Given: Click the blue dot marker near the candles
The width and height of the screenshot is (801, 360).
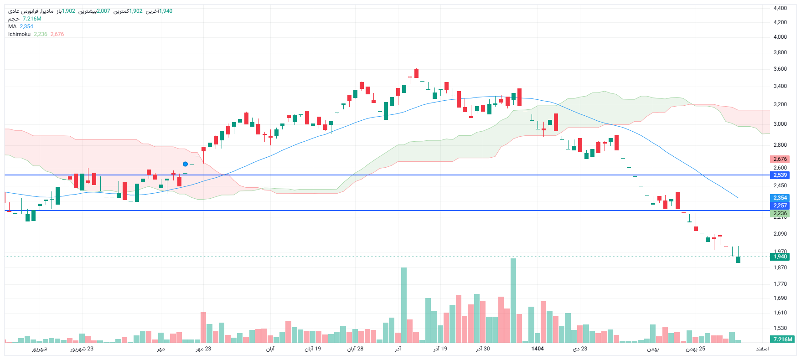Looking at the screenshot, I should pyautogui.click(x=185, y=164).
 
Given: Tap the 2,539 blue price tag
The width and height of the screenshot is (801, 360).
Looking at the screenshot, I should pyautogui.click(x=780, y=175).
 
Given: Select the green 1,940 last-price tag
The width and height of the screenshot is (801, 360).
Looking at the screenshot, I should pyautogui.click(x=780, y=257).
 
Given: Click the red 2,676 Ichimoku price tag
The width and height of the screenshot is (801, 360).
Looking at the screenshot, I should pyautogui.click(x=780, y=159).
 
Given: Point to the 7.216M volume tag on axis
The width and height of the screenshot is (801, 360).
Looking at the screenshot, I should pyautogui.click(x=782, y=339).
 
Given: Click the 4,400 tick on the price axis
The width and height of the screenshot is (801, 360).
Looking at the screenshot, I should pyautogui.click(x=780, y=8).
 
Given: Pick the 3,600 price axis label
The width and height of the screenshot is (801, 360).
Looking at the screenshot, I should pyautogui.click(x=780, y=69).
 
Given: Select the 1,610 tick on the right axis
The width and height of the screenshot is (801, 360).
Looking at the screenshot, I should pyautogui.click(x=780, y=313).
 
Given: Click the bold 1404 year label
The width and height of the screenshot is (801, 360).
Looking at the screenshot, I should pyautogui.click(x=537, y=349).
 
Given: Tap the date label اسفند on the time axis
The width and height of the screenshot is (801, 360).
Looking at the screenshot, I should pyautogui.click(x=762, y=349).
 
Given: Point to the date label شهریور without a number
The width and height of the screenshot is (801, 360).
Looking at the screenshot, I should pyautogui.click(x=40, y=349).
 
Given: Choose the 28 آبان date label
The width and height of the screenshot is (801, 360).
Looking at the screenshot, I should pyautogui.click(x=356, y=349).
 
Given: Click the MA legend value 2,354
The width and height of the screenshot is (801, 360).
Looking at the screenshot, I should pyautogui.click(x=26, y=26).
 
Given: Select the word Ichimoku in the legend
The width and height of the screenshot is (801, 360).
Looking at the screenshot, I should pyautogui.click(x=19, y=34).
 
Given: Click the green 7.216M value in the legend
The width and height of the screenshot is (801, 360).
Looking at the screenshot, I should pyautogui.click(x=32, y=19).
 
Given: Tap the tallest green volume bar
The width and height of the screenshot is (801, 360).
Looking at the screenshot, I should pyautogui.click(x=513, y=301).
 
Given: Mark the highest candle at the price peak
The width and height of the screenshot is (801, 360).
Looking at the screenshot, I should pyautogui.click(x=416, y=73).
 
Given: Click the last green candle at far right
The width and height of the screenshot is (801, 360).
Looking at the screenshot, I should pyautogui.click(x=738, y=260).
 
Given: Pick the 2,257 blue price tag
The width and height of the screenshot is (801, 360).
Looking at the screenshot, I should pyautogui.click(x=780, y=206).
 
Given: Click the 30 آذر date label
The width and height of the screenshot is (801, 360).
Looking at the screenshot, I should pyautogui.click(x=483, y=349).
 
